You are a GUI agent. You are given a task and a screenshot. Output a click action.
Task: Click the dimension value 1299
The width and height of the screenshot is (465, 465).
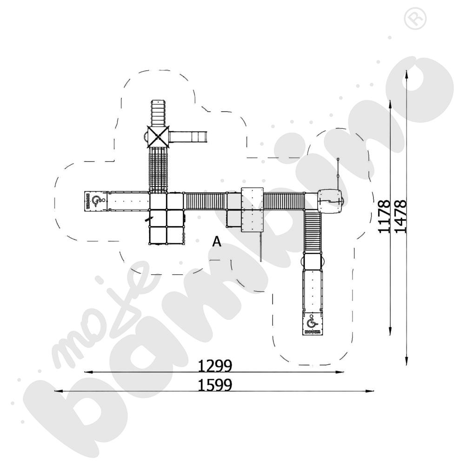215,366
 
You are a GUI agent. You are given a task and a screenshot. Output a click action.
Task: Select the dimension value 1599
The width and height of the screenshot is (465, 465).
215,385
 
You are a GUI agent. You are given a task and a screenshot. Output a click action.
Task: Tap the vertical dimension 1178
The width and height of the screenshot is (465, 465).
384,216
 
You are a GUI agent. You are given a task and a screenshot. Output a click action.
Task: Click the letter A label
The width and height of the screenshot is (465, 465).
216,241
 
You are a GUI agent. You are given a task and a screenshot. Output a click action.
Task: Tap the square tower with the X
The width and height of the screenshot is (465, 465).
159,136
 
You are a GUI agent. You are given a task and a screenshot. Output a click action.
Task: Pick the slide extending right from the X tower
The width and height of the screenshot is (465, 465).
188,137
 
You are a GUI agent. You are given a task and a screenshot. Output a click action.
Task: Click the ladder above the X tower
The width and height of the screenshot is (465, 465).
158,112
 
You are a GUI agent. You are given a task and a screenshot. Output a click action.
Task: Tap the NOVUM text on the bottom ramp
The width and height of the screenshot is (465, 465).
312,331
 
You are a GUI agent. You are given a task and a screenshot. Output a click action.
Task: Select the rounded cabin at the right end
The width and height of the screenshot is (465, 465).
331,200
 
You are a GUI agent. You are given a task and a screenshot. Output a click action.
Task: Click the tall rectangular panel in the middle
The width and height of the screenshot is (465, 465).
252,209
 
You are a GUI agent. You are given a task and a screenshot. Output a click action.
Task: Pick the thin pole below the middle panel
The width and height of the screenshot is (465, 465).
261,246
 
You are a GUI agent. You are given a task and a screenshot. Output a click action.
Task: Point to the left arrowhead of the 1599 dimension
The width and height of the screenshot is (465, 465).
57,391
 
